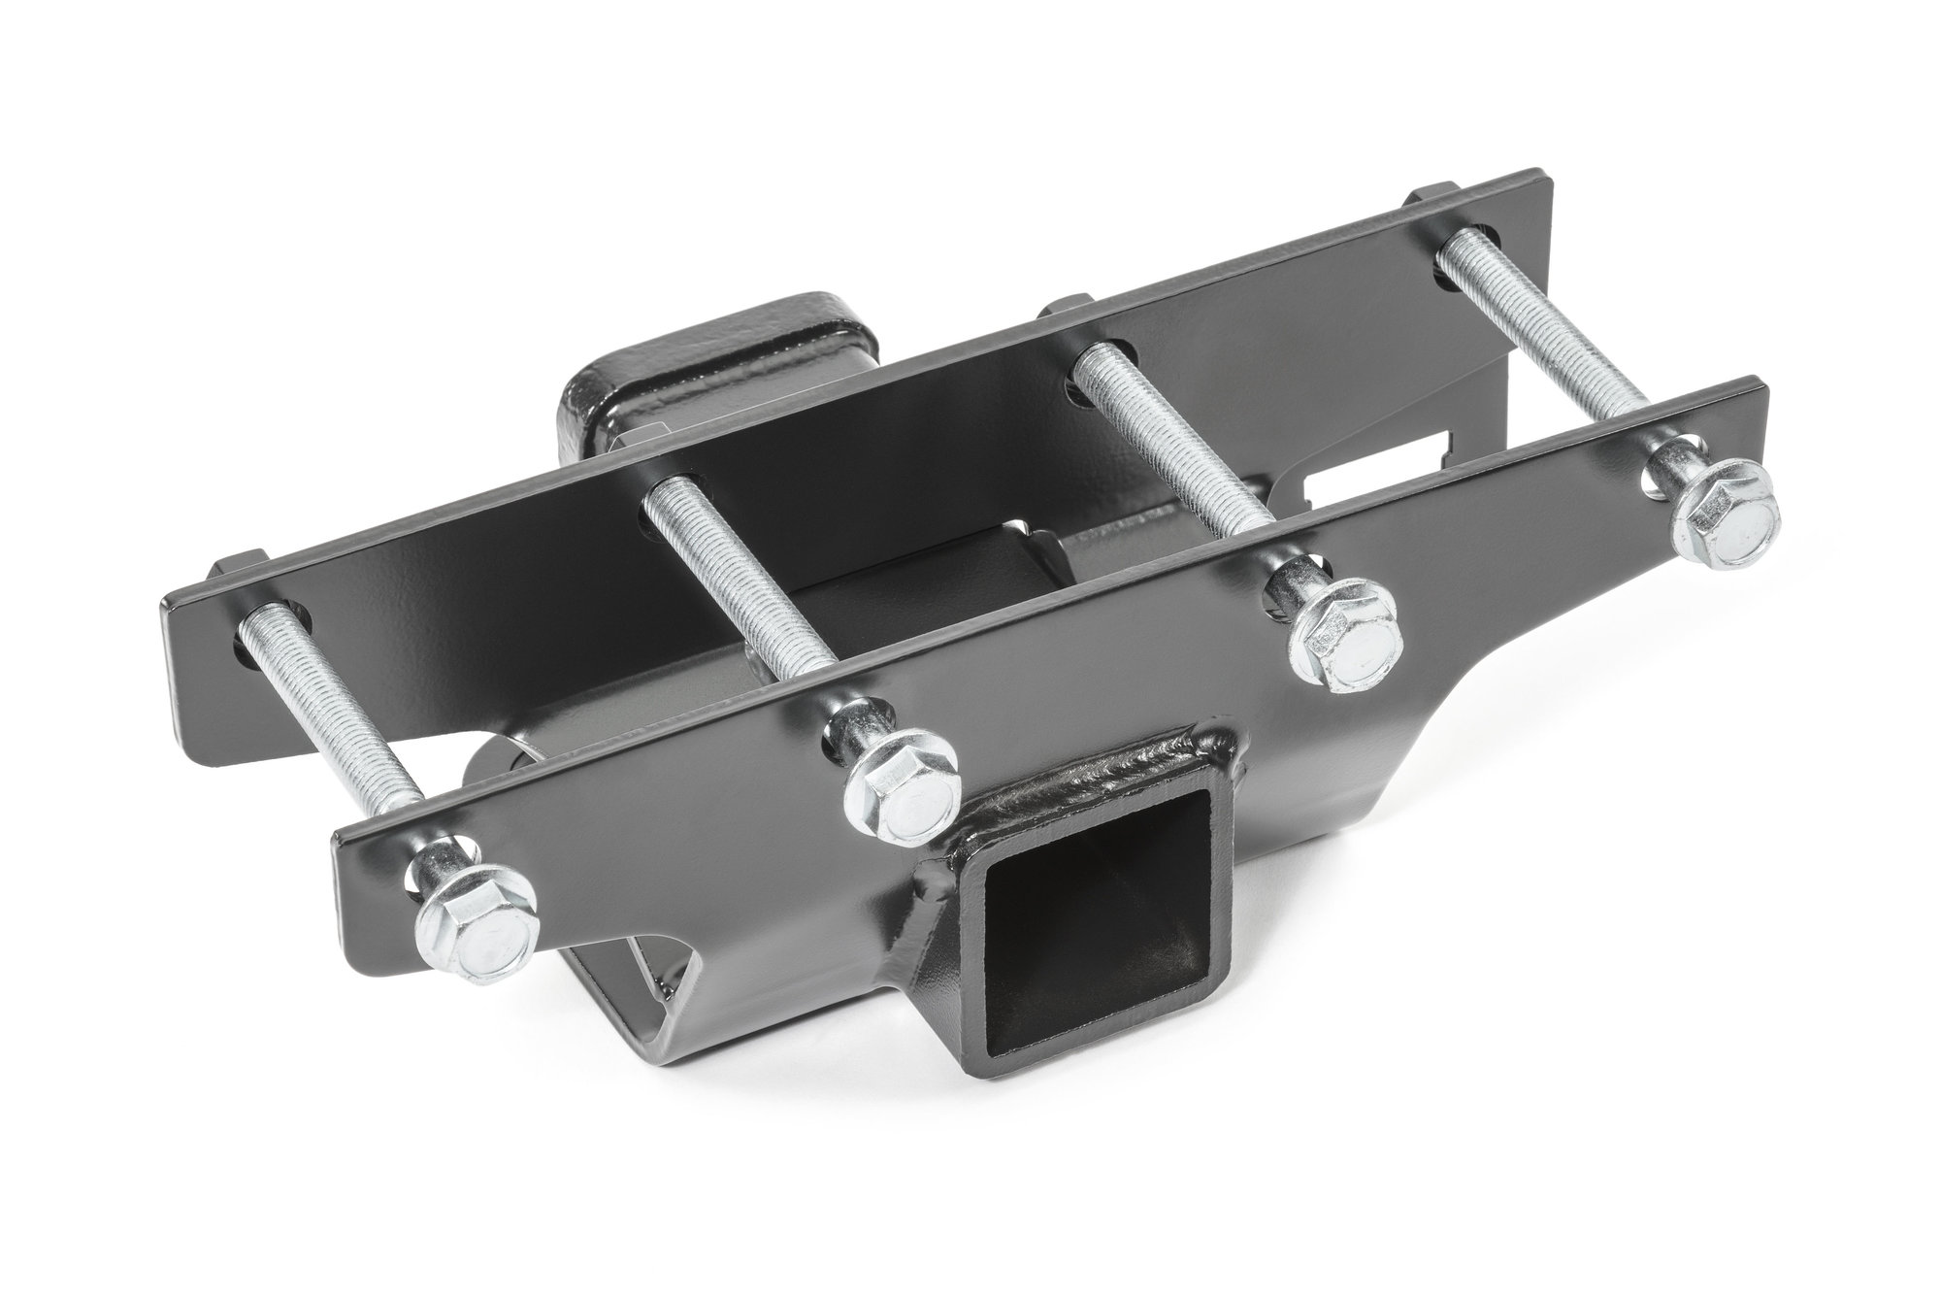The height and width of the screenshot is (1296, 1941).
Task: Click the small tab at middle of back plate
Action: coord(1068,309)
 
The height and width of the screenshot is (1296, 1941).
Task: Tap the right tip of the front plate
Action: coord(1766,403)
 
